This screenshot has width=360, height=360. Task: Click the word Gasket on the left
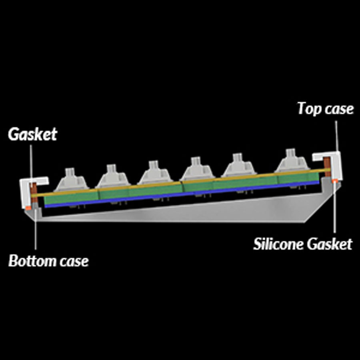(32, 134)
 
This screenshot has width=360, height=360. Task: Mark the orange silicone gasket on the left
(28, 208)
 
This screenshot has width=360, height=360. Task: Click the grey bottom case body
(180, 212)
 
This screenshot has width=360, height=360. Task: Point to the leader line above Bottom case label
(36, 232)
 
